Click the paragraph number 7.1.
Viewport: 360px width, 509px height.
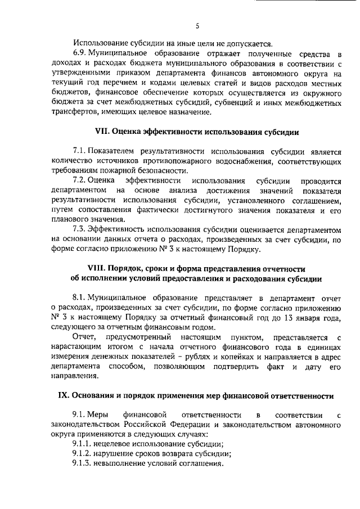point(81,151)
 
